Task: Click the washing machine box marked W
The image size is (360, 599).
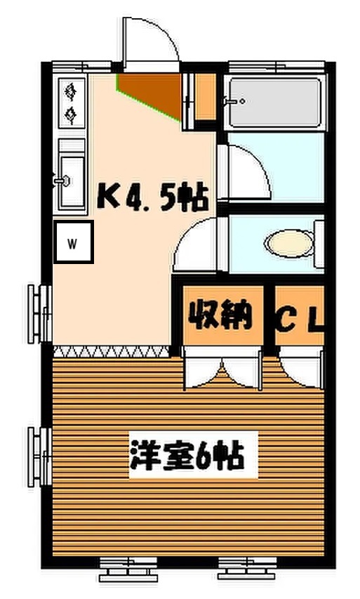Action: click(x=74, y=243)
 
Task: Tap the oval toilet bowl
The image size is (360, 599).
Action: click(x=287, y=244)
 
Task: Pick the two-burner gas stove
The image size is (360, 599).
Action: click(x=72, y=102)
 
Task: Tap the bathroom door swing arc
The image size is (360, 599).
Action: click(x=246, y=172)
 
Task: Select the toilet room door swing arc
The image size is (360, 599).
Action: click(x=199, y=242)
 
